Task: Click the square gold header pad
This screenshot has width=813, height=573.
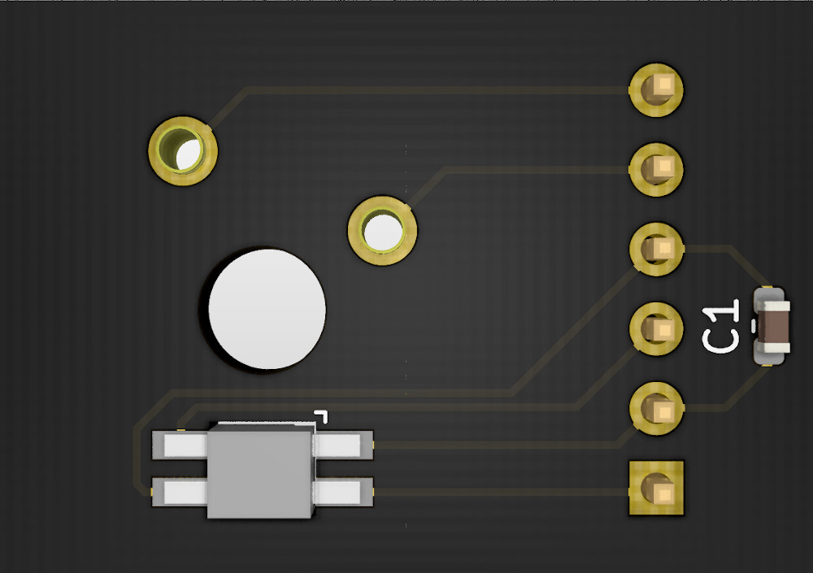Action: [x=656, y=488]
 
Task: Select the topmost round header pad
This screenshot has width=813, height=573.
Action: [x=656, y=90]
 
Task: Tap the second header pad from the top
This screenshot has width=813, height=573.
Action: [x=656, y=170]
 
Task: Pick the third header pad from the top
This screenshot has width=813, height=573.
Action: [x=656, y=250]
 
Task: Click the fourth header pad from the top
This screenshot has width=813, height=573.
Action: [x=656, y=328]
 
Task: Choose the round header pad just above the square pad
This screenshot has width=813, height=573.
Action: [x=656, y=409]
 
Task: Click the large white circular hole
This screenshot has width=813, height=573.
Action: [x=267, y=310]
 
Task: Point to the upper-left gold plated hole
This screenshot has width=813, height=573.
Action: [x=182, y=151]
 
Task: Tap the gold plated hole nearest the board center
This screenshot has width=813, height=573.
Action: [x=382, y=231]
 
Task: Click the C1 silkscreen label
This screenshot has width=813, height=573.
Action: [x=720, y=327]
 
